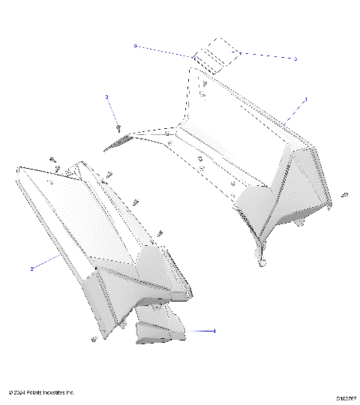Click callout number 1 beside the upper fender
[x=305, y=98]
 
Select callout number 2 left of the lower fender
[x=31, y=268]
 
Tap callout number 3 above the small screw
[x=107, y=97]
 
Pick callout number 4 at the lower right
[x=214, y=331]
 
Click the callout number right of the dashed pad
[x=295, y=58]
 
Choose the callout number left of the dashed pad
[x=135, y=46]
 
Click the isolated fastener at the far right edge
[x=343, y=196]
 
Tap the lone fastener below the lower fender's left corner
[x=94, y=340]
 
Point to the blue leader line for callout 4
[x=193, y=330]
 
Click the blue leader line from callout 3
[x=112, y=111]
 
